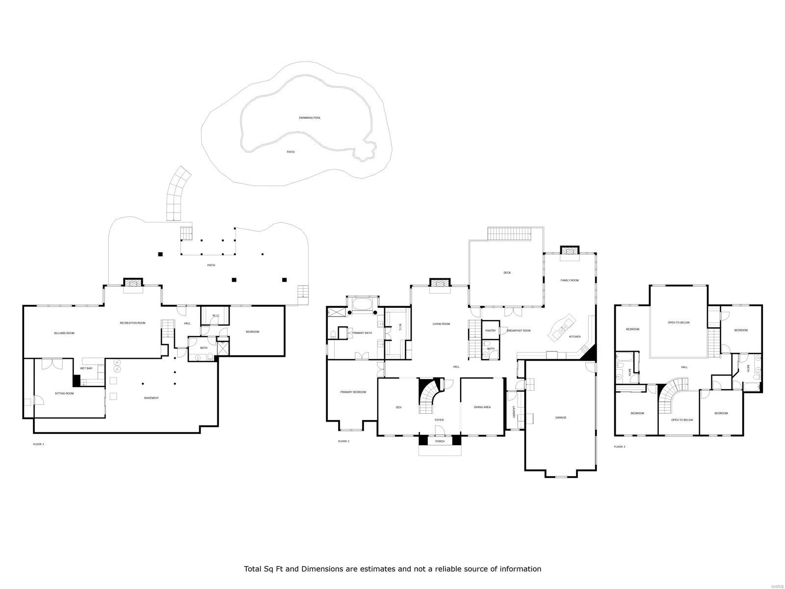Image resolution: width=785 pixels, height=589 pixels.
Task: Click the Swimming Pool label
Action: (x=310, y=118)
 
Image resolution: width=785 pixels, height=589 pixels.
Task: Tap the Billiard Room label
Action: (x=64, y=333)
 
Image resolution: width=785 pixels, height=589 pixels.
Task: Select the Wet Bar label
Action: (x=86, y=368)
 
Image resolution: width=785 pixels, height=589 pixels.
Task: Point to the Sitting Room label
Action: (x=64, y=393)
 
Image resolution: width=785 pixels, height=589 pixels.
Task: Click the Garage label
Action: (x=561, y=418)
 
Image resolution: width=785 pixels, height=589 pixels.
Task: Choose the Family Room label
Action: (x=570, y=280)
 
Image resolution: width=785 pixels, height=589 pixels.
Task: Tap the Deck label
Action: (x=507, y=272)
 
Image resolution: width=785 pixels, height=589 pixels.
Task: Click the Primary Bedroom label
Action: (x=353, y=392)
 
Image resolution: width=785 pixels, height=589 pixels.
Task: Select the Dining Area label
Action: (x=482, y=407)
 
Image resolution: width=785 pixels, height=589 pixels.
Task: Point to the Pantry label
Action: (x=490, y=331)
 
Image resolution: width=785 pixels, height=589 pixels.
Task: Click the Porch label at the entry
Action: (x=440, y=441)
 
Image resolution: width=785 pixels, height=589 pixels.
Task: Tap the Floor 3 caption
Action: (x=620, y=447)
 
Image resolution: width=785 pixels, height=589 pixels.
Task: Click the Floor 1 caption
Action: (x=38, y=444)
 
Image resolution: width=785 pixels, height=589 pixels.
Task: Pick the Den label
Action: (x=398, y=407)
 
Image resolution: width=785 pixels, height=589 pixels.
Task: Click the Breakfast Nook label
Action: (x=519, y=331)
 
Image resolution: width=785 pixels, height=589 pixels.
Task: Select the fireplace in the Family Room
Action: (x=570, y=251)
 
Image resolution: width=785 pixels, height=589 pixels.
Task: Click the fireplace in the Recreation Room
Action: (x=132, y=282)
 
